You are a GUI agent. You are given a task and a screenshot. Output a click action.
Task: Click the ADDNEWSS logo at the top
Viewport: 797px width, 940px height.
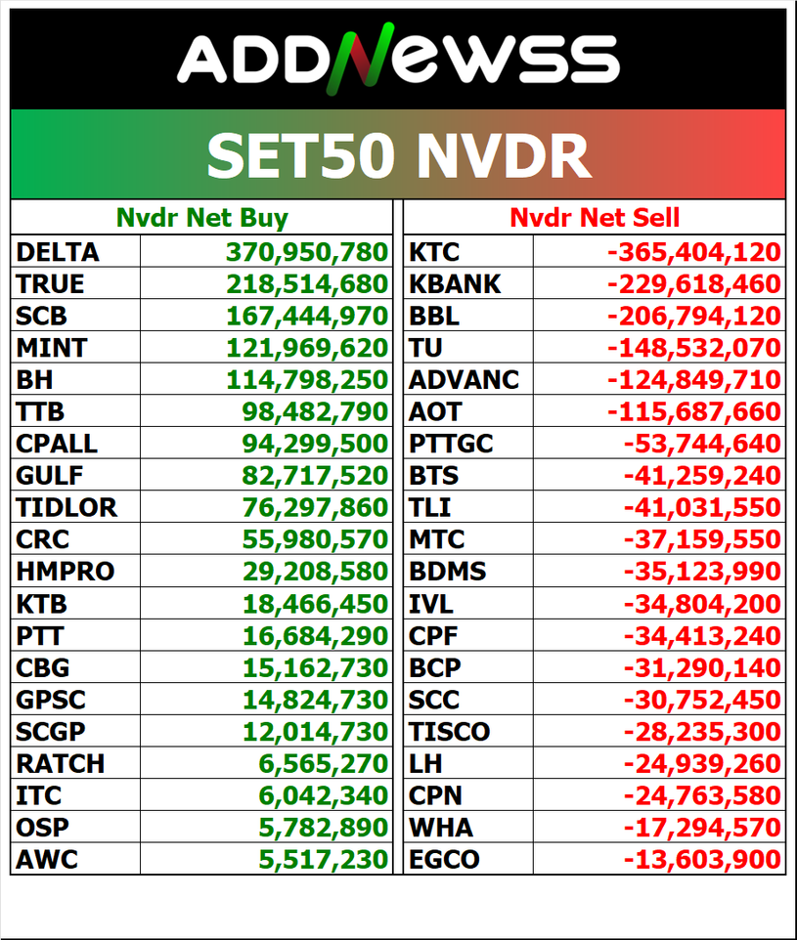[x=398, y=58]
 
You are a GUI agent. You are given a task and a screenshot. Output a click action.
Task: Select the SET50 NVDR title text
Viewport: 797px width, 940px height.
[x=398, y=155]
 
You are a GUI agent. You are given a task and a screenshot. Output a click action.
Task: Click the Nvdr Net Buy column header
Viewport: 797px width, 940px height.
[x=201, y=217]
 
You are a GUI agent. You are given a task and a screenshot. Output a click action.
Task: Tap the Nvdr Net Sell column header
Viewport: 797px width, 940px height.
[x=595, y=217]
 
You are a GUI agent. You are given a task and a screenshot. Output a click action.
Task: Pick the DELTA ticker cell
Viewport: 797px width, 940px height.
[x=58, y=252]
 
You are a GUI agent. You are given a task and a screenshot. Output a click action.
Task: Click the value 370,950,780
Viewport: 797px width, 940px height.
[x=307, y=252]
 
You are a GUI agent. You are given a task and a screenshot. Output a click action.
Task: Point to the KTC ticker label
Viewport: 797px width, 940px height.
[x=433, y=252]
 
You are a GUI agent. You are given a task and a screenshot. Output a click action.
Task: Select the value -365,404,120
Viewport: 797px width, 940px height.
[x=694, y=252]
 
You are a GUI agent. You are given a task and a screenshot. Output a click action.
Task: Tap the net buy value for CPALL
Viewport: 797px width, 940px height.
[x=315, y=444]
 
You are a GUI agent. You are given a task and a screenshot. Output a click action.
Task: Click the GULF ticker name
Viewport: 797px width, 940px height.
[x=50, y=476]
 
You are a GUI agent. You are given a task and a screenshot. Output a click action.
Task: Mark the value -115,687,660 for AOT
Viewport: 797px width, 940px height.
[x=694, y=411]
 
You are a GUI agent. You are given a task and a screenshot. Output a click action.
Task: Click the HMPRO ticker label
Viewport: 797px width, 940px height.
[x=65, y=572]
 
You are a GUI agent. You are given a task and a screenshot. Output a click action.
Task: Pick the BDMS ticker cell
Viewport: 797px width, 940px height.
[x=447, y=572]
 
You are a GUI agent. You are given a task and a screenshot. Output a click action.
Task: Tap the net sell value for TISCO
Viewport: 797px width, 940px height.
[x=702, y=731]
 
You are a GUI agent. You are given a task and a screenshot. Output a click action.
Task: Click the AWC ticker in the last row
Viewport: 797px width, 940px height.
[x=47, y=859]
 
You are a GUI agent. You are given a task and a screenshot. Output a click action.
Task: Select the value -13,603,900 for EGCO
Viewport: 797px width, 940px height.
[x=702, y=859]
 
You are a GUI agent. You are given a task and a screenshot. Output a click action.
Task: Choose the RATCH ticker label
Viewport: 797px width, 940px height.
[x=60, y=763]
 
